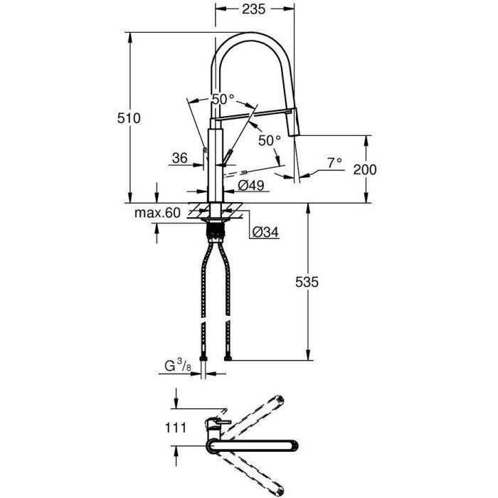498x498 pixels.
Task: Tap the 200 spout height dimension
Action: pyautogui.click(x=364, y=169)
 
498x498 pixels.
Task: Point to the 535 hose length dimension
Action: pyautogui.click(x=308, y=282)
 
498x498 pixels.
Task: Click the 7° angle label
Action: pyautogui.click(x=334, y=162)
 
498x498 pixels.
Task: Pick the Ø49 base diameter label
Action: pyautogui.click(x=251, y=185)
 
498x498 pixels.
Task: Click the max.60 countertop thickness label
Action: pyautogui.click(x=157, y=212)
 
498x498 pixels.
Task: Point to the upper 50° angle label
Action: pyautogui.click(x=223, y=100)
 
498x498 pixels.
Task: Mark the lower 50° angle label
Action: pyautogui.click(x=270, y=141)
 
